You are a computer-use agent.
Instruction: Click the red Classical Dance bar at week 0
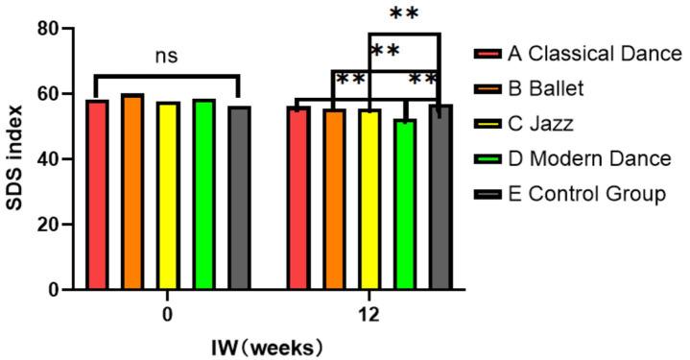click(x=97, y=195)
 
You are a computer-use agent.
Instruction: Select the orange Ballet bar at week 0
click(x=132, y=192)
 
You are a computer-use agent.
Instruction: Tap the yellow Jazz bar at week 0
click(x=168, y=196)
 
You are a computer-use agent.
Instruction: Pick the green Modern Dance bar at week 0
click(x=203, y=194)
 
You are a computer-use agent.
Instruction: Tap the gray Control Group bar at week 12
click(x=440, y=197)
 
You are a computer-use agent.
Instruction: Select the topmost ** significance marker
click(x=404, y=14)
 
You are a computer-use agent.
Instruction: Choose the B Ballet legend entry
click(x=556, y=88)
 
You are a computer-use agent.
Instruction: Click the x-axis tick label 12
click(x=369, y=313)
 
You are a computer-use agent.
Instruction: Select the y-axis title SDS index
click(x=17, y=158)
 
